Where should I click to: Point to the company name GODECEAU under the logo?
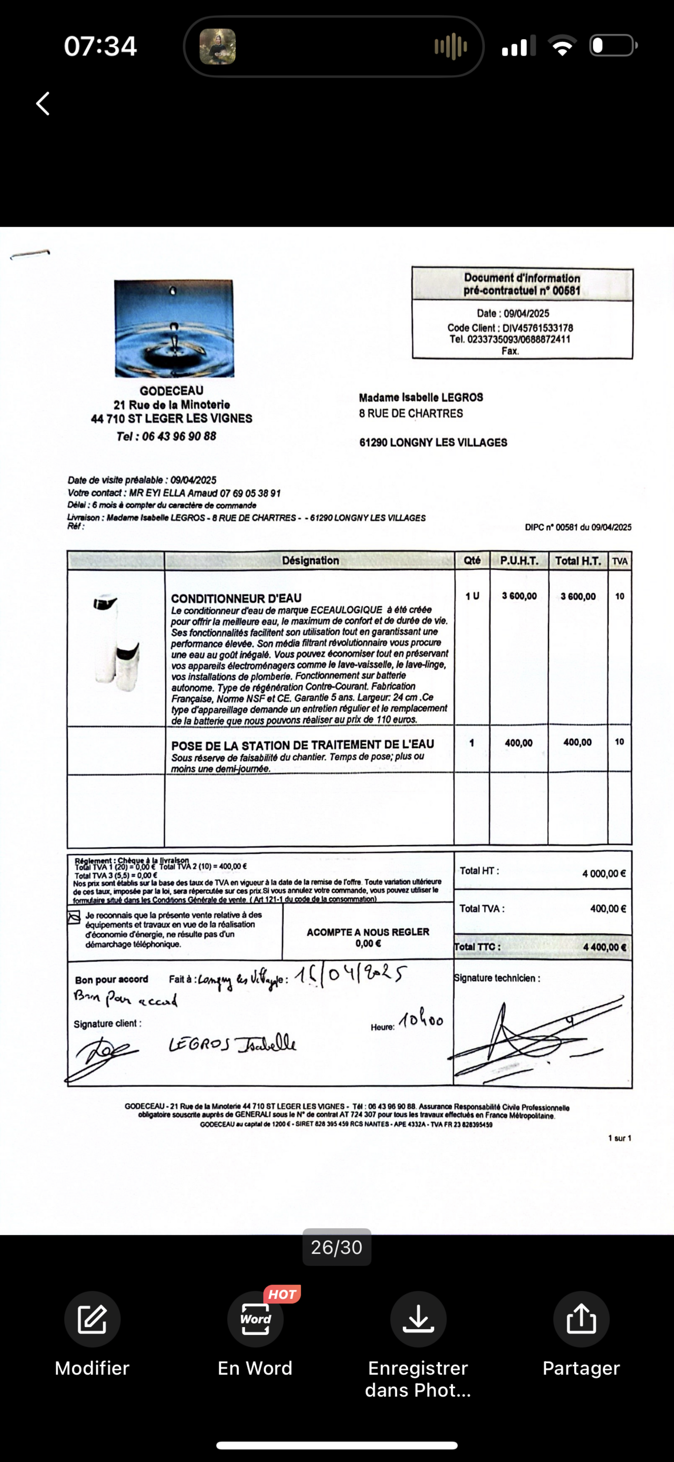pos(171,391)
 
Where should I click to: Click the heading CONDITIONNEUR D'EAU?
pos(236,599)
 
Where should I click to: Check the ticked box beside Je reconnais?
pos(74,918)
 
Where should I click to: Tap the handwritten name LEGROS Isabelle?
pos(233,1044)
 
